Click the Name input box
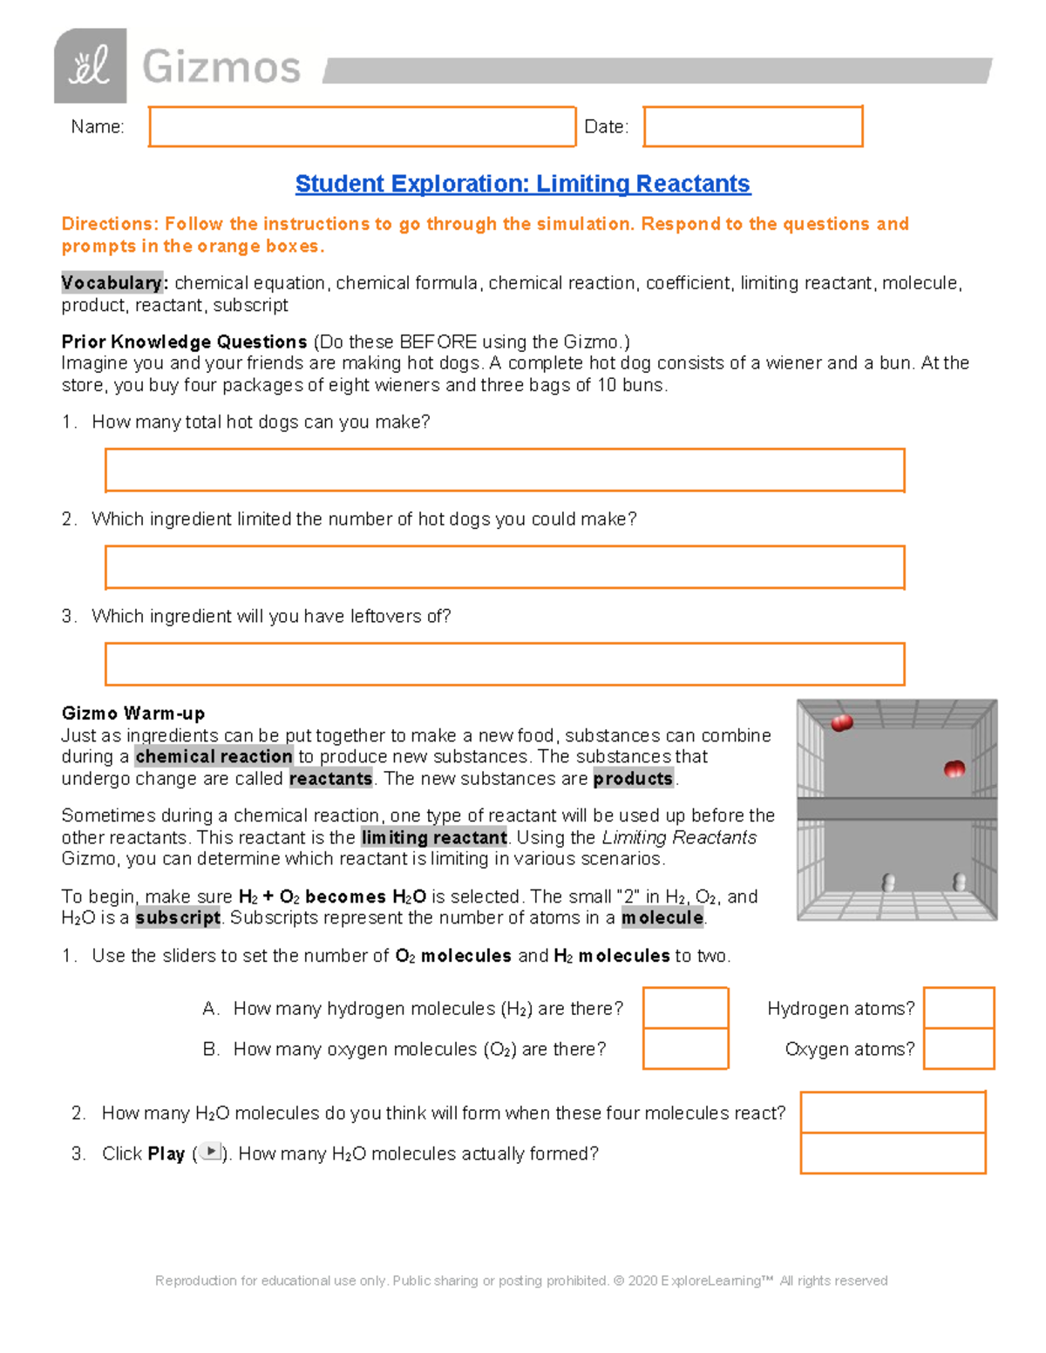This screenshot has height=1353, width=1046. [362, 127]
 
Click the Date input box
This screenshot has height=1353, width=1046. [753, 127]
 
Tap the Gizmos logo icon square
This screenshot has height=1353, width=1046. [90, 66]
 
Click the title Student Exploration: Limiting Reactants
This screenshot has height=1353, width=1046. [522, 184]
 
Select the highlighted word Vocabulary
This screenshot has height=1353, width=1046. [112, 283]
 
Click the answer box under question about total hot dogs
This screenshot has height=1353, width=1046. [505, 470]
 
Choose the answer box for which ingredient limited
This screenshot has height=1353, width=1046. [505, 567]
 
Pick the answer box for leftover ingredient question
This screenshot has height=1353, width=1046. [505, 665]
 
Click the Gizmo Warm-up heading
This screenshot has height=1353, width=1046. [133, 714]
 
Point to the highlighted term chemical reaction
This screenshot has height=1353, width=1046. [214, 757]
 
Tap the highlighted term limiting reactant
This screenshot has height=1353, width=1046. [434, 838]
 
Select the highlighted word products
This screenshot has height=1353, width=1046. [633, 779]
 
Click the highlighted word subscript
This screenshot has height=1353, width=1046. [178, 918]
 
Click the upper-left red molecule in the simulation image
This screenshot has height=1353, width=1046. [842, 722]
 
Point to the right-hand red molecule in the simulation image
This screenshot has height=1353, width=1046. [954, 768]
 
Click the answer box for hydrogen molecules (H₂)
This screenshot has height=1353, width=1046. [685, 1008]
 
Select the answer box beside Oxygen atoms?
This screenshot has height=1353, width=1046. [959, 1049]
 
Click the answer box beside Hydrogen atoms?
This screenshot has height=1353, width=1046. [959, 1008]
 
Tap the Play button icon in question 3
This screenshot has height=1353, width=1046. [210, 1152]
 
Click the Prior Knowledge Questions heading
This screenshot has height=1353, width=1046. [184, 342]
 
